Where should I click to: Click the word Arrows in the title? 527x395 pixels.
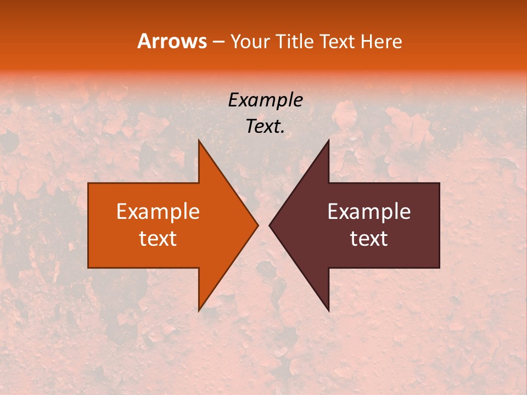pos(172,42)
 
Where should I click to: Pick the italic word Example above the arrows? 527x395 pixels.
pos(265,100)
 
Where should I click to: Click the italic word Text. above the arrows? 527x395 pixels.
pos(265,127)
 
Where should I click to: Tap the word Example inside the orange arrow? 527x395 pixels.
pos(158,212)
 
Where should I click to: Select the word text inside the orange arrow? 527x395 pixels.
pos(158,239)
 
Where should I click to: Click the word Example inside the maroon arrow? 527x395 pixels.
pos(369,212)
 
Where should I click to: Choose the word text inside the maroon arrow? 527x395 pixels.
pos(369,239)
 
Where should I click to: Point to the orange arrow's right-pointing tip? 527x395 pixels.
pos(257,225)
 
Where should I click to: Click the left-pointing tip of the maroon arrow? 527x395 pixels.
pos(270,225)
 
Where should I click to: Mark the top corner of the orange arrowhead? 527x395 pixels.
pos(199,140)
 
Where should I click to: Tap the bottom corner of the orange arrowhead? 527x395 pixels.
pos(199,311)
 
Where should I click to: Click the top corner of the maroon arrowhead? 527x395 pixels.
pos(328,140)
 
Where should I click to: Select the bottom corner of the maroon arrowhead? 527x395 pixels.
pos(328,311)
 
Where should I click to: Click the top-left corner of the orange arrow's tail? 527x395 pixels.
pos(88,183)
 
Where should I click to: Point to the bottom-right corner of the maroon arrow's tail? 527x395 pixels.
pos(439,268)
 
